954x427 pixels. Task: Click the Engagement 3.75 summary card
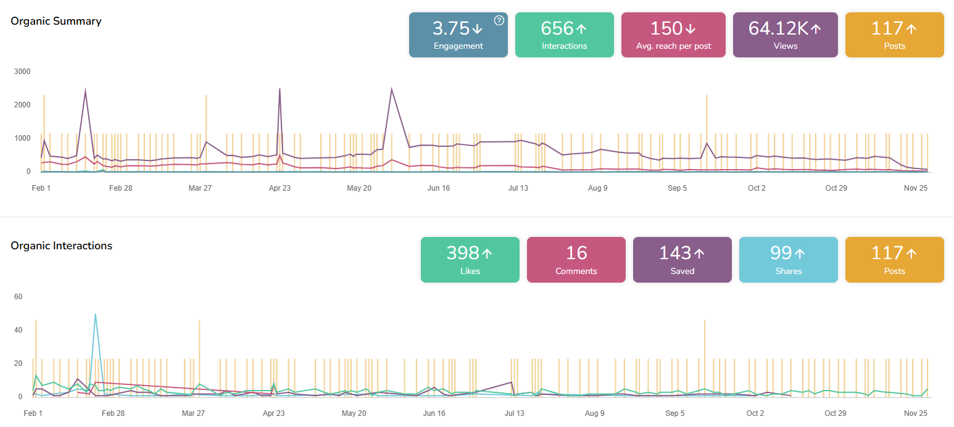tap(458, 35)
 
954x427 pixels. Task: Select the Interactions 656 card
tap(564, 35)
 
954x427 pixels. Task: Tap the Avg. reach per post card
tap(673, 35)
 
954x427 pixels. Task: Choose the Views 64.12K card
tap(785, 35)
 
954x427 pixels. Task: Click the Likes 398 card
tap(470, 260)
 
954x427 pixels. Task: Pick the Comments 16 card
tap(576, 260)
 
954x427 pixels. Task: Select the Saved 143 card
tap(682, 260)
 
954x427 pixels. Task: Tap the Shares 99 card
tap(788, 260)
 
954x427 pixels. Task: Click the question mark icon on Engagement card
tap(499, 20)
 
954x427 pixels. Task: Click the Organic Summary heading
tap(56, 21)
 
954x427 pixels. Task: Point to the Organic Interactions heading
tap(62, 246)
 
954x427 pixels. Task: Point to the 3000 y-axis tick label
tap(22, 72)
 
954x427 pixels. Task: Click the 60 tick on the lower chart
tap(18, 297)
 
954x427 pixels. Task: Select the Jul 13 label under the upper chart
tap(518, 188)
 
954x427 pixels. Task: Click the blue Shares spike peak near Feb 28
tap(95, 314)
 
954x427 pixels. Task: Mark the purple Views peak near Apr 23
tap(280, 89)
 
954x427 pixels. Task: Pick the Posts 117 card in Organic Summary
tap(894, 35)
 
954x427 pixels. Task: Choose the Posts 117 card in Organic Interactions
tap(894, 260)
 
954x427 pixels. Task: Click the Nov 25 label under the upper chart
tap(916, 188)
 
